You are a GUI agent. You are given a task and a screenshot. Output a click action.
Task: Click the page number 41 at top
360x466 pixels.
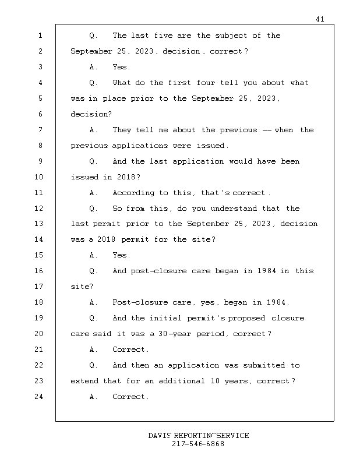[x=320, y=19]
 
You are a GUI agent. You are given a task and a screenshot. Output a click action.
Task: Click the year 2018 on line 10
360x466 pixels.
[x=126, y=177]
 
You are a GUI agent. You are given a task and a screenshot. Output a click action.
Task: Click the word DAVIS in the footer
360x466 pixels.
[x=160, y=436]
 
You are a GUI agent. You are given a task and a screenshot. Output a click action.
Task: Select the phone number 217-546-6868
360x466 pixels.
[x=198, y=444]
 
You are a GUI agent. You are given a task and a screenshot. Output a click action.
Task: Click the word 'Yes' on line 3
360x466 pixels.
[x=121, y=67]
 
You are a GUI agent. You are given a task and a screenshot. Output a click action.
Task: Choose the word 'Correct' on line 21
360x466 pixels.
[x=130, y=349]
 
